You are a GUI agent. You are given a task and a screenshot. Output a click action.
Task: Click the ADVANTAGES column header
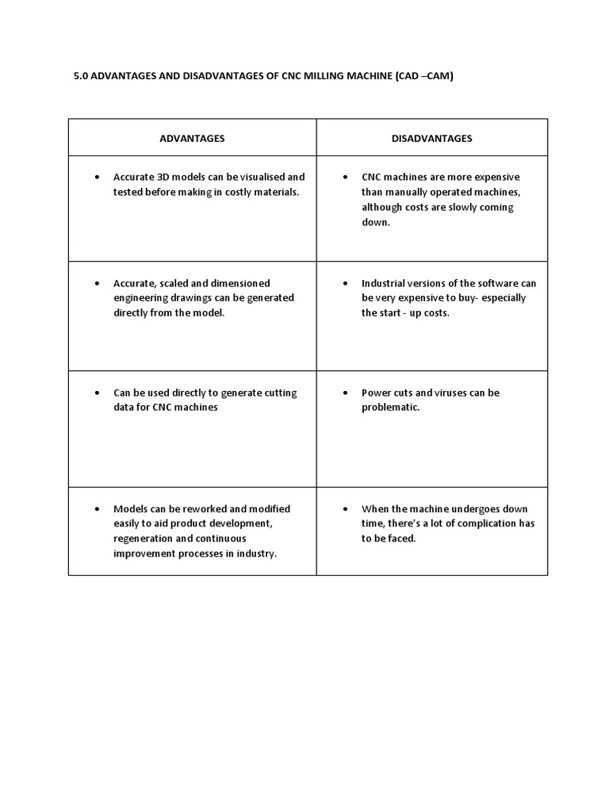pos(192,138)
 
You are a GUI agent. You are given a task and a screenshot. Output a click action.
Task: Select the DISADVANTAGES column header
pos(431,138)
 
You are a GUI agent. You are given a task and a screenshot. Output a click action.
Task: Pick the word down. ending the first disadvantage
pos(376,222)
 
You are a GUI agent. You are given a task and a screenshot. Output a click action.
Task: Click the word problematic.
pos(390,408)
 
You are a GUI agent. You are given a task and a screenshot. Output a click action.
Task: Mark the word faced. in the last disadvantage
pos(401,538)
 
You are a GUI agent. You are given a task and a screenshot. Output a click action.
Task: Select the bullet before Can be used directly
pos(97,393)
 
